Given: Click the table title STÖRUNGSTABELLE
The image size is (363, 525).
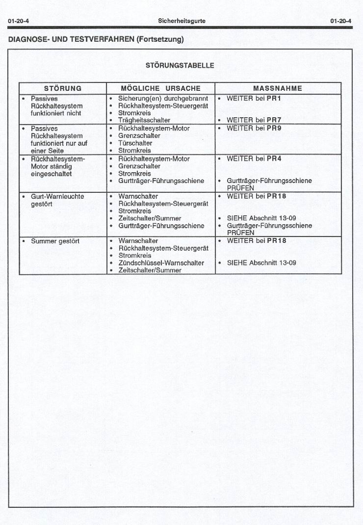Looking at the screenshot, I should [x=180, y=65].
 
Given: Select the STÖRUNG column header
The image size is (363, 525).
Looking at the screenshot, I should [x=63, y=89].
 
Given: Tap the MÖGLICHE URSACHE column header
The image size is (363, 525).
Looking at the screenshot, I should [x=160, y=89].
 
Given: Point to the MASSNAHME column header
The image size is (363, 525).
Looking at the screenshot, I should [x=278, y=89].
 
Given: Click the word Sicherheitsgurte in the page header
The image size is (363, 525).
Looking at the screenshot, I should [x=181, y=21].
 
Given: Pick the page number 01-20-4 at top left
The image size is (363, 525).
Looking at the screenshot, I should [x=18, y=21].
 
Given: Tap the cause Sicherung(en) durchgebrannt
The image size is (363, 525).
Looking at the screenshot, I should [x=163, y=99].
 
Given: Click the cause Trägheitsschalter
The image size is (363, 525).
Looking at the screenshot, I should [x=144, y=120].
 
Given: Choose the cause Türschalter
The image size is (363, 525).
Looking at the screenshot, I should [x=135, y=143].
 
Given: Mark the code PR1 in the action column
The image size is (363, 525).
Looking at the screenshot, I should [x=274, y=99].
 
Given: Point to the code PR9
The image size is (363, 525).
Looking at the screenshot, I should [x=274, y=129].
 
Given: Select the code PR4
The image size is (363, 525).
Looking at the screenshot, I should [x=274, y=159].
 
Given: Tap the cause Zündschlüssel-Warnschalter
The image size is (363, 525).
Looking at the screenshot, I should [x=161, y=263].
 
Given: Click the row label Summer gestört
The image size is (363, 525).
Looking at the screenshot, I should [x=55, y=241].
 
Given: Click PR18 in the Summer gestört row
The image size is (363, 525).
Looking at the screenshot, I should [x=276, y=241].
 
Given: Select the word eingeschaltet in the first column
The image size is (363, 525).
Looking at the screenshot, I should [x=51, y=174].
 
